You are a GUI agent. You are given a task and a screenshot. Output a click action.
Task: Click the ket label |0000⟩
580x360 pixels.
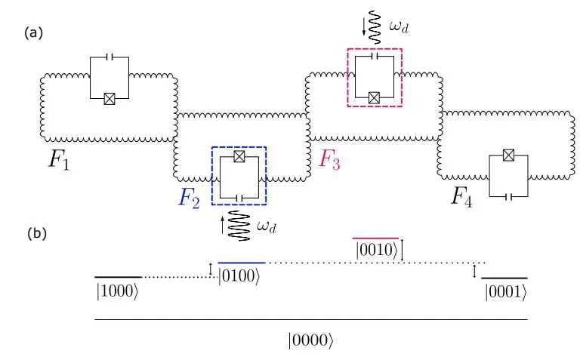pos(310,341)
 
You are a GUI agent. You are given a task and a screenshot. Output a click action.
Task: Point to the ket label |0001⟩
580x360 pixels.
pos(504,293)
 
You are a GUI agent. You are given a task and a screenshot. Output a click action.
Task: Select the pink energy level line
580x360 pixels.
pos(375,237)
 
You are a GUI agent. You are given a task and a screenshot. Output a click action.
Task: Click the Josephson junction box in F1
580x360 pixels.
pos(110,98)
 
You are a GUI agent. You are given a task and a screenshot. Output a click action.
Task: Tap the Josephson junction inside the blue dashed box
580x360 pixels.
pos(239,156)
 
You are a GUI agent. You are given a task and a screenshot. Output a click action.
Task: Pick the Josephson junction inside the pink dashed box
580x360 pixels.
pos(374,97)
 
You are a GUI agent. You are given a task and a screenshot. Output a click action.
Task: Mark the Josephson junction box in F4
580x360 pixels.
pos(509,155)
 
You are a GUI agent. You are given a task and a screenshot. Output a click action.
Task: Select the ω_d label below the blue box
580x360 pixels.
pos(266,226)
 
